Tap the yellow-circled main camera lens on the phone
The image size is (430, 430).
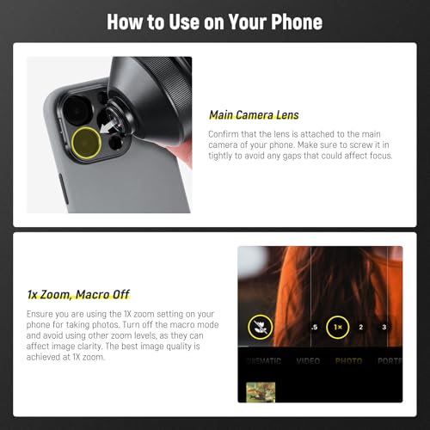point(86,143)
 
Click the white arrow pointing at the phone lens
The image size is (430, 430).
point(110,126)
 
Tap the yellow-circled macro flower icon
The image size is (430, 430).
point(260,327)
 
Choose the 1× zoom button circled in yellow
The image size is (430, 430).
point(338,328)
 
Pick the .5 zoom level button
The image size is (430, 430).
point(314,328)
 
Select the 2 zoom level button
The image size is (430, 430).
point(361,328)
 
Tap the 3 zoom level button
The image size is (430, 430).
point(384,328)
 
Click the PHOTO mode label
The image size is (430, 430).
point(348,361)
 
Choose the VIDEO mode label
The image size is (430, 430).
point(308,361)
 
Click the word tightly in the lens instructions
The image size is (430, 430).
point(224,157)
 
